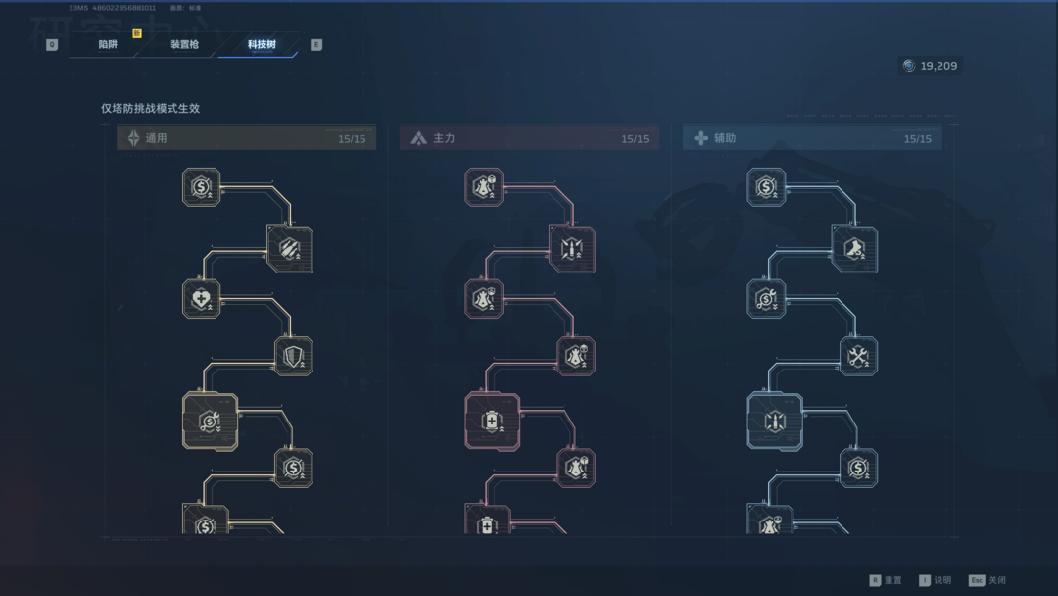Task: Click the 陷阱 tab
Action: point(108,45)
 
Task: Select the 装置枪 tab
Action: point(184,45)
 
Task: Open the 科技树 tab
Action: point(262,45)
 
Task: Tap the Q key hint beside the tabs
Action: point(52,45)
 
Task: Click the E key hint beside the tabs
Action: point(315,45)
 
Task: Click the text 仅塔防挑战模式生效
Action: point(150,109)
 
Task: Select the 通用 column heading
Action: point(156,139)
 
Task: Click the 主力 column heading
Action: point(444,139)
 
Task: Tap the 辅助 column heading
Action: point(725,139)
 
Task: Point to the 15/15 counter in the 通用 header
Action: point(352,139)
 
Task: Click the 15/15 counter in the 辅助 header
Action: point(918,139)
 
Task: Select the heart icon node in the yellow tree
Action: point(201,299)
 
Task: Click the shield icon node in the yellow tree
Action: point(293,357)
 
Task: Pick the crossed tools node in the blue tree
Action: point(858,357)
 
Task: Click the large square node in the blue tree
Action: point(775,422)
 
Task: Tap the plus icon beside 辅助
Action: point(700,139)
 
